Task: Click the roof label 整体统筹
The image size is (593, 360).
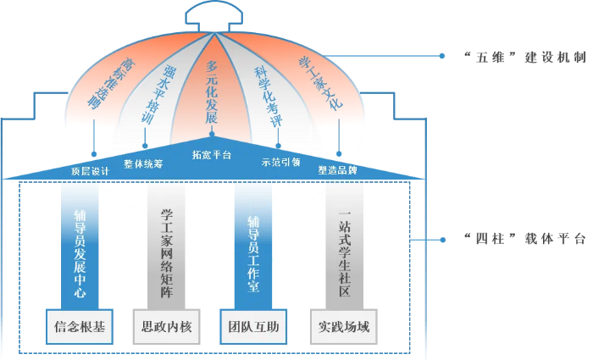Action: click(143, 162)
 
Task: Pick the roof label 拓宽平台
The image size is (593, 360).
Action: click(212, 155)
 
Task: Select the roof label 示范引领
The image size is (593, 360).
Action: click(280, 162)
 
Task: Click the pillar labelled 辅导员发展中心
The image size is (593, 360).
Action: click(80, 244)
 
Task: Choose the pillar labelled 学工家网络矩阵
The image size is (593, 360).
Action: click(166, 244)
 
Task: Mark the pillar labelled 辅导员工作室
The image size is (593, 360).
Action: click(252, 244)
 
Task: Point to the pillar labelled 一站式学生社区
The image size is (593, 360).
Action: click(344, 244)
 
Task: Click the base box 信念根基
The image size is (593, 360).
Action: click(80, 327)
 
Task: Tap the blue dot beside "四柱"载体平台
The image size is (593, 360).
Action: click(441, 240)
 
